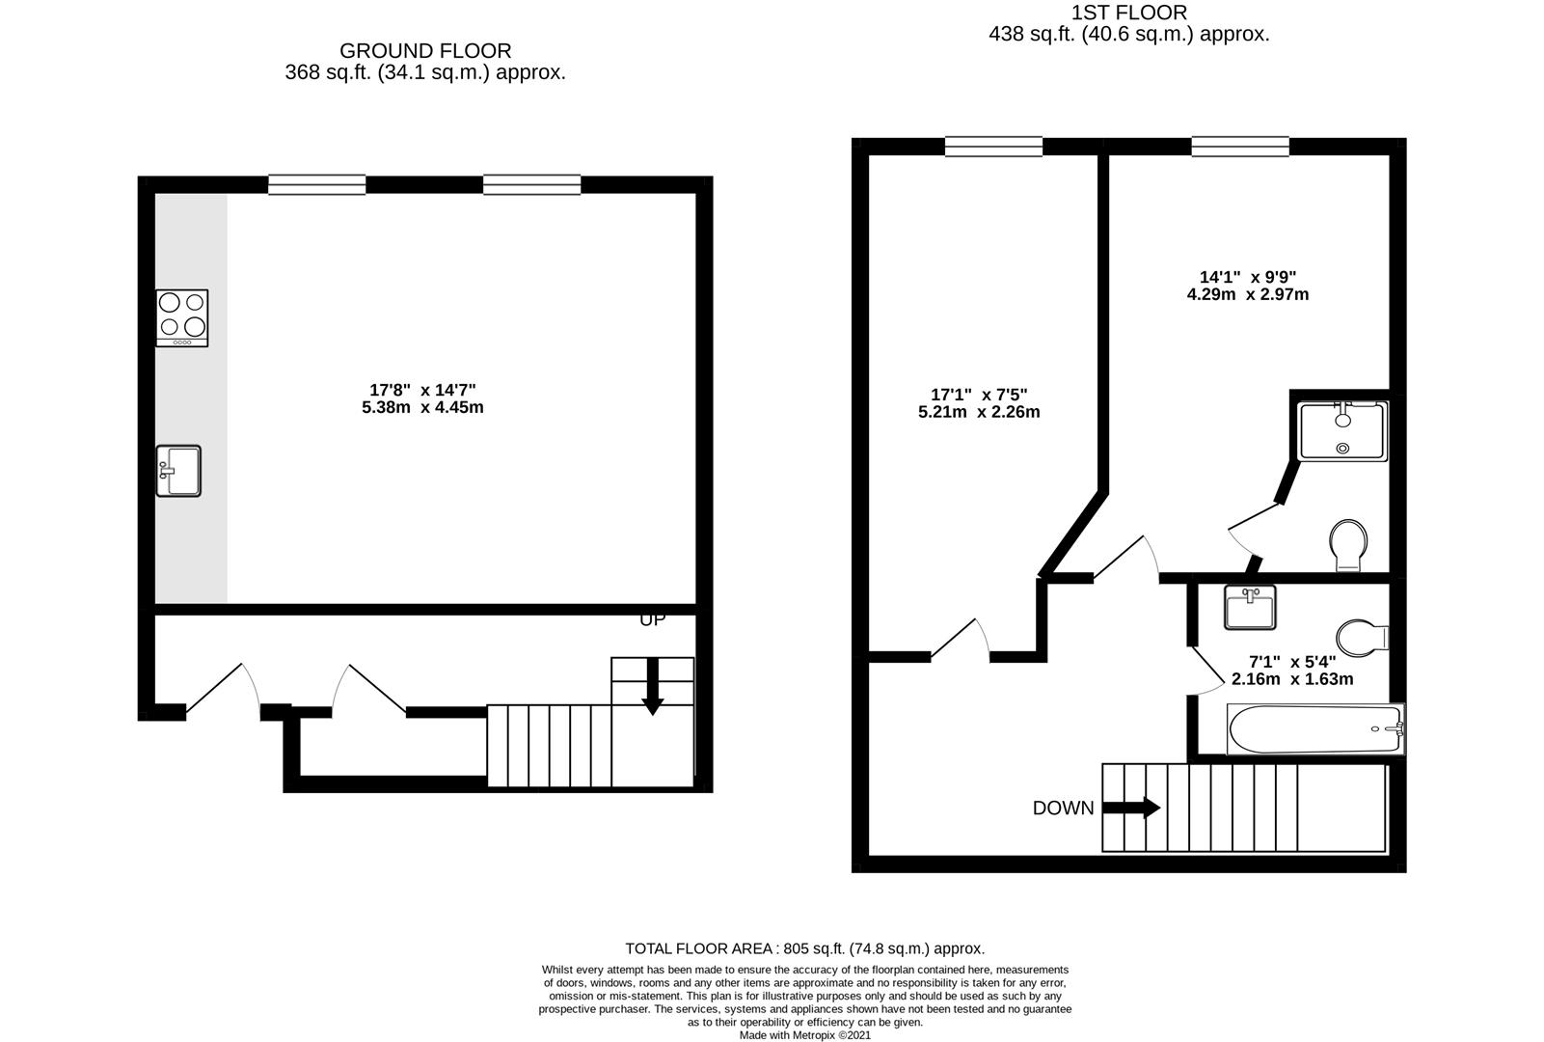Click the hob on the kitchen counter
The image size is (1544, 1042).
pos(182,318)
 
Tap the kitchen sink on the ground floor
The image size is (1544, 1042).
pos(178,471)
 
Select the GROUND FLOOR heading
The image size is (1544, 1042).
pos(425,51)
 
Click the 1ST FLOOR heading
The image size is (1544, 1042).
pos(1129,13)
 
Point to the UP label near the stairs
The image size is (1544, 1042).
pos(653,619)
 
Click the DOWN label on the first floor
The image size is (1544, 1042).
pos(1063,809)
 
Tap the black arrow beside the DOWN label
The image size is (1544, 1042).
pos(1131,808)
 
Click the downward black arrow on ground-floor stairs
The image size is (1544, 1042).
pos(652,687)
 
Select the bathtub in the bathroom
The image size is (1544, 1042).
pos(1315,728)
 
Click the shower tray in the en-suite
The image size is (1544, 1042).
pos(1342,431)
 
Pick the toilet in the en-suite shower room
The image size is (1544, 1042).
pos(1348,545)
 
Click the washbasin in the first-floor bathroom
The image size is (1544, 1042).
pos(1250,608)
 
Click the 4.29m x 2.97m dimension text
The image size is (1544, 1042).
pos(1248,294)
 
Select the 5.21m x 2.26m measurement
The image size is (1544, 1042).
pos(979,412)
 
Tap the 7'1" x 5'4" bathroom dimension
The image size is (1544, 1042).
pos(1292,662)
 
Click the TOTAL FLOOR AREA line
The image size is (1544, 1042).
pos(804,948)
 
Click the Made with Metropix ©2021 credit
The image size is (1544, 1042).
pos(805,1035)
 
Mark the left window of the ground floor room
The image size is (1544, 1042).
pos(317,185)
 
